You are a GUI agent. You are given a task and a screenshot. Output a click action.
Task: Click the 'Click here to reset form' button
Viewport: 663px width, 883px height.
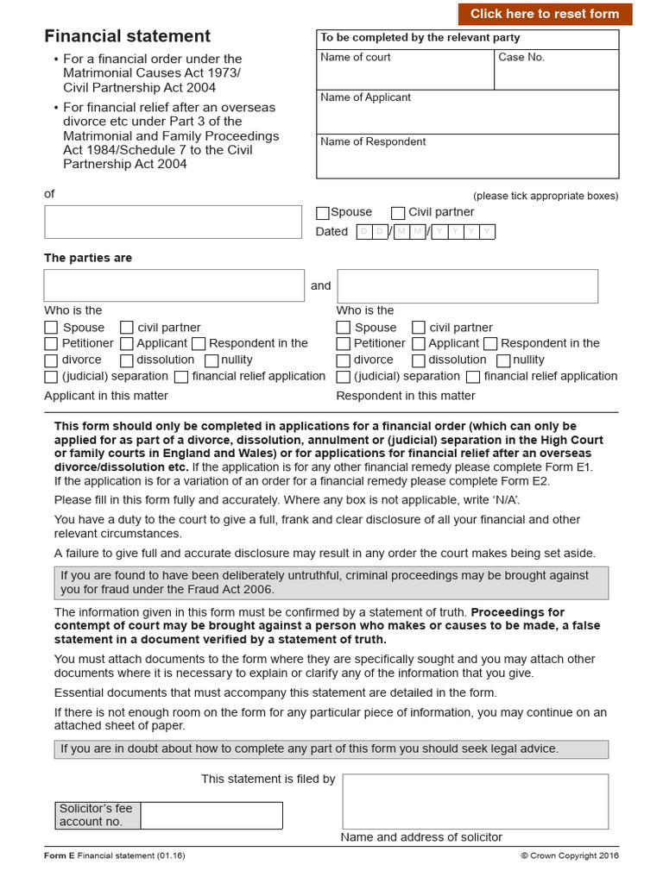coord(545,14)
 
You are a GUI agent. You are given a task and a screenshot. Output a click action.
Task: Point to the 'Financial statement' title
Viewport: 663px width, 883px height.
coord(127,36)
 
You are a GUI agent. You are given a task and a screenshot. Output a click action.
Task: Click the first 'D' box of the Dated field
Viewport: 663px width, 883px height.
coord(364,232)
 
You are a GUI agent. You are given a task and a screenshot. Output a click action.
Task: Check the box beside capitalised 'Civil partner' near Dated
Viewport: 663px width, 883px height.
coord(398,213)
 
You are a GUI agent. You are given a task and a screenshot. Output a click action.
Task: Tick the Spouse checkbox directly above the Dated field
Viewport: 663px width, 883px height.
coord(323,213)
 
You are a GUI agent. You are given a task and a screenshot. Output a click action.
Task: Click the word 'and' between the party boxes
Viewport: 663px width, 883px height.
coord(320,286)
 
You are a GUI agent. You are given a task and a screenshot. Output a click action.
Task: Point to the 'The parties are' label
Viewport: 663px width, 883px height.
coord(88,258)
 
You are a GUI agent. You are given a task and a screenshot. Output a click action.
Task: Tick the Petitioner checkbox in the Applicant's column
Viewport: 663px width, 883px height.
coord(51,344)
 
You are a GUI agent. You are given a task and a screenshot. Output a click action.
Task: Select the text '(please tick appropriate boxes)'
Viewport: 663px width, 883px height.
coord(545,196)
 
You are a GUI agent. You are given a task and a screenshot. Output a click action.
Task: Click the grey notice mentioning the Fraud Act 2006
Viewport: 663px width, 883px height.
coord(331,583)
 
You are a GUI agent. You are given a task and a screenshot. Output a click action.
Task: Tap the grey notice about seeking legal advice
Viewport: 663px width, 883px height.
coord(331,749)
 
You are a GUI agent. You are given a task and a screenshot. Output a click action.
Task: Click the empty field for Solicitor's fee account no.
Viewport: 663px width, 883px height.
coord(211,815)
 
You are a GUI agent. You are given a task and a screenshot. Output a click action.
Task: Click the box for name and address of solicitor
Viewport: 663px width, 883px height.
coord(475,801)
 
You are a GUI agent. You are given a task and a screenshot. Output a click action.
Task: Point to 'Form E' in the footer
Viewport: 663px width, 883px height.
coord(60,856)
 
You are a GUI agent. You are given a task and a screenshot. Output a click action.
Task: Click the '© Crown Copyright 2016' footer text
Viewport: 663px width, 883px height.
coord(569,856)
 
